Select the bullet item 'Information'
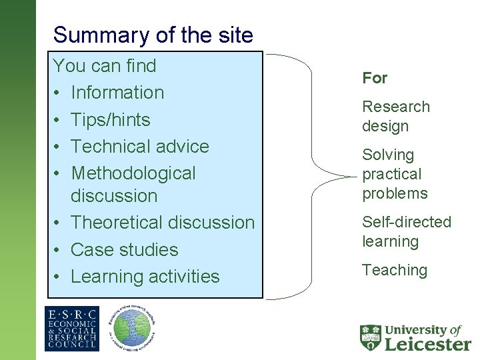[117, 93]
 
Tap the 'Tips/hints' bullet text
[110, 120]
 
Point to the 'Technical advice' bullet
[139, 147]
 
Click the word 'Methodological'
[133, 173]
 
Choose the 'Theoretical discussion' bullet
[162, 223]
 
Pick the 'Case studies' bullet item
[124, 250]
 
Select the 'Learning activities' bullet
[145, 277]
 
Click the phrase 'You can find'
[104, 66]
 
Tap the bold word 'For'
[375, 78]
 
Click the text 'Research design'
[395, 116]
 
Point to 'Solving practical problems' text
[395, 174]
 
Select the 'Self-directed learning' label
[406, 231]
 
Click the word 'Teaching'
[394, 270]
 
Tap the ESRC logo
[71, 329]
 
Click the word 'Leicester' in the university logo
[428, 343]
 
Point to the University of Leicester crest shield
[371, 337]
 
